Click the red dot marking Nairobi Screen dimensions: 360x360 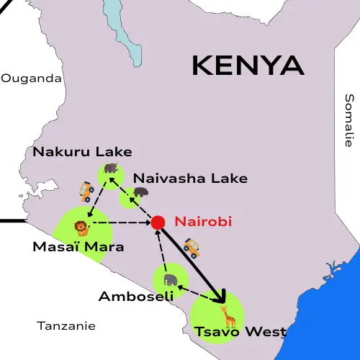(x=158, y=222)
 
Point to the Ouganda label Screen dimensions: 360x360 (x=32, y=78)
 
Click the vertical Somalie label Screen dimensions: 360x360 (x=349, y=120)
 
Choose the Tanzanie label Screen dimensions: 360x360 (x=66, y=325)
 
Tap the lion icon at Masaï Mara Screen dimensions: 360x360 (x=81, y=228)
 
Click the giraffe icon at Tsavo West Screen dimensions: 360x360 (x=228, y=316)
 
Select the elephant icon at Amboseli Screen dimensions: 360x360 (x=171, y=279)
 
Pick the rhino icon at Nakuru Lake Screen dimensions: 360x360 (x=110, y=168)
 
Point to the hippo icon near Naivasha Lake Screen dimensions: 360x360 (x=139, y=192)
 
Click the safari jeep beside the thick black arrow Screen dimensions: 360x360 (x=192, y=248)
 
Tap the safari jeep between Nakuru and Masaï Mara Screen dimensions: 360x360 (x=86, y=191)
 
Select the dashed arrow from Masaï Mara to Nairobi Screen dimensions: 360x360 (x=122, y=223)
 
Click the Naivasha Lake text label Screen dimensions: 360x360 (x=191, y=178)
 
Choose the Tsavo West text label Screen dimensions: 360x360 (x=240, y=332)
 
